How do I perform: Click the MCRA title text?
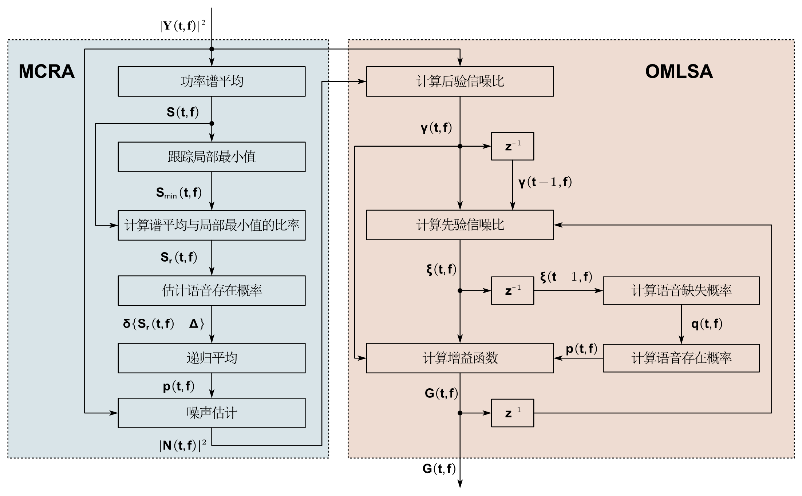[47, 71]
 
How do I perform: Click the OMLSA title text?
[679, 71]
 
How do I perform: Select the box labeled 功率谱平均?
[212, 82]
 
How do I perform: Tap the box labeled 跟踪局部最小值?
[212, 157]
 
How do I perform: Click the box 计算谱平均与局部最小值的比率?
[212, 225]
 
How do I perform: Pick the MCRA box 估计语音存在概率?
[212, 290]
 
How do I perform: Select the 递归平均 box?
[212, 358]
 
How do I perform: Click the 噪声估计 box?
[212, 413]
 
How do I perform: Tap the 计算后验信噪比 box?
[460, 82]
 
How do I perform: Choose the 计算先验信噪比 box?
[460, 225]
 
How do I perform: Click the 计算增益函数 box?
[460, 358]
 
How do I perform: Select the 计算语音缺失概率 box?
[681, 290]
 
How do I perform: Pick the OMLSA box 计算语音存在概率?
[681, 358]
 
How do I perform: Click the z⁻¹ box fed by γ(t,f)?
[513, 146]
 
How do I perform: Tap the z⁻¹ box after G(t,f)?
[513, 413]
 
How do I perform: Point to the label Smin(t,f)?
[179, 193]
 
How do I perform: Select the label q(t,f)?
[707, 324]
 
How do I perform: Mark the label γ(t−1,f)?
[545, 182]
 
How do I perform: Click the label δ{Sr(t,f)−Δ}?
[163, 324]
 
